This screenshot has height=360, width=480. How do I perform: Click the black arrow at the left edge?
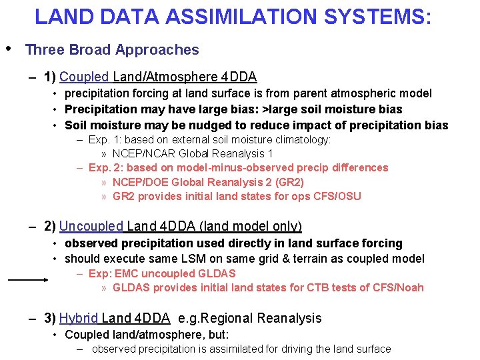27,281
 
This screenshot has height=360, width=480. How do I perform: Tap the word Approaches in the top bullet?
164,49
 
